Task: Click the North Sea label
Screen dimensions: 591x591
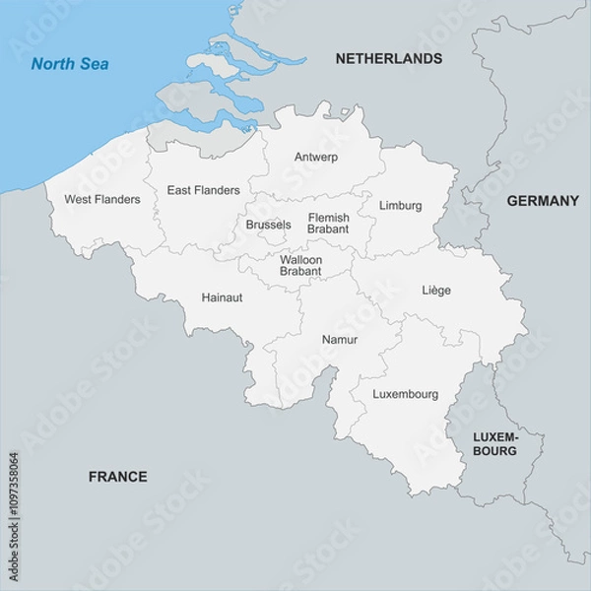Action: [70, 65]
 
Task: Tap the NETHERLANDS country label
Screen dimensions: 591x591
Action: [388, 59]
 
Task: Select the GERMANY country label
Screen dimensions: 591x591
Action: [543, 201]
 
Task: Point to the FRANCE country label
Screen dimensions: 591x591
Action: [118, 477]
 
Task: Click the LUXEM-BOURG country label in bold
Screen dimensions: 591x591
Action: [494, 443]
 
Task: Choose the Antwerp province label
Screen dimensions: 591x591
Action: [316, 157]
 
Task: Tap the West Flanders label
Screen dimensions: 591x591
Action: [102, 199]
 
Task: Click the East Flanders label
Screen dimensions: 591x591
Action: [203, 190]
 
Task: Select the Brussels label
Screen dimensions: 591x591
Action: [268, 225]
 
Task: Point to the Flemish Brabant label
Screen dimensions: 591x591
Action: [328, 224]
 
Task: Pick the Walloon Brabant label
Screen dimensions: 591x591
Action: [300, 265]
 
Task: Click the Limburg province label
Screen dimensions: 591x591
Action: [400, 206]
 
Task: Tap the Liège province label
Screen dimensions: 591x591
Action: [436, 290]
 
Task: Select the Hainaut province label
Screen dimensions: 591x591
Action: [222, 296]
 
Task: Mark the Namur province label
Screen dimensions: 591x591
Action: [340, 340]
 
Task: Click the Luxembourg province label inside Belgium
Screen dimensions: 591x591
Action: [406, 394]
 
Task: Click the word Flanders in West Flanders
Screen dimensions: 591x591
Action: [120, 199]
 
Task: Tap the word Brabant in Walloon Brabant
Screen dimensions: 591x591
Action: [300, 271]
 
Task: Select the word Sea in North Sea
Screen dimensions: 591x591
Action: [96, 65]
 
